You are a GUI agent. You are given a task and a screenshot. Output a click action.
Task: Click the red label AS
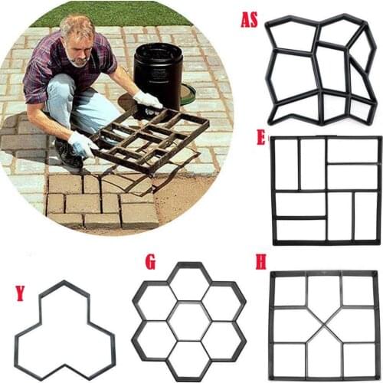(x=249, y=19)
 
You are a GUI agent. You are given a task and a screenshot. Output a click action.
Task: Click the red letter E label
(x=261, y=138)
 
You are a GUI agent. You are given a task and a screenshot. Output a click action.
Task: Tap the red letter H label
(x=261, y=264)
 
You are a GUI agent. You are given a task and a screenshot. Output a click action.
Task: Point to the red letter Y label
(x=21, y=293)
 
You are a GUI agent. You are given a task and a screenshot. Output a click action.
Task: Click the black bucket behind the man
(x=157, y=73)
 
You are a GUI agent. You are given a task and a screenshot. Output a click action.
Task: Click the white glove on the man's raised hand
(x=148, y=100)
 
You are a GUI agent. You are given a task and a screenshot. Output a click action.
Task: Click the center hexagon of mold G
(x=189, y=320)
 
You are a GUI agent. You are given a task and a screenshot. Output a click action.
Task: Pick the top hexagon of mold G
(x=189, y=283)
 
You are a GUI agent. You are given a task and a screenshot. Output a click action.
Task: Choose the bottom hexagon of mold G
(x=189, y=358)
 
